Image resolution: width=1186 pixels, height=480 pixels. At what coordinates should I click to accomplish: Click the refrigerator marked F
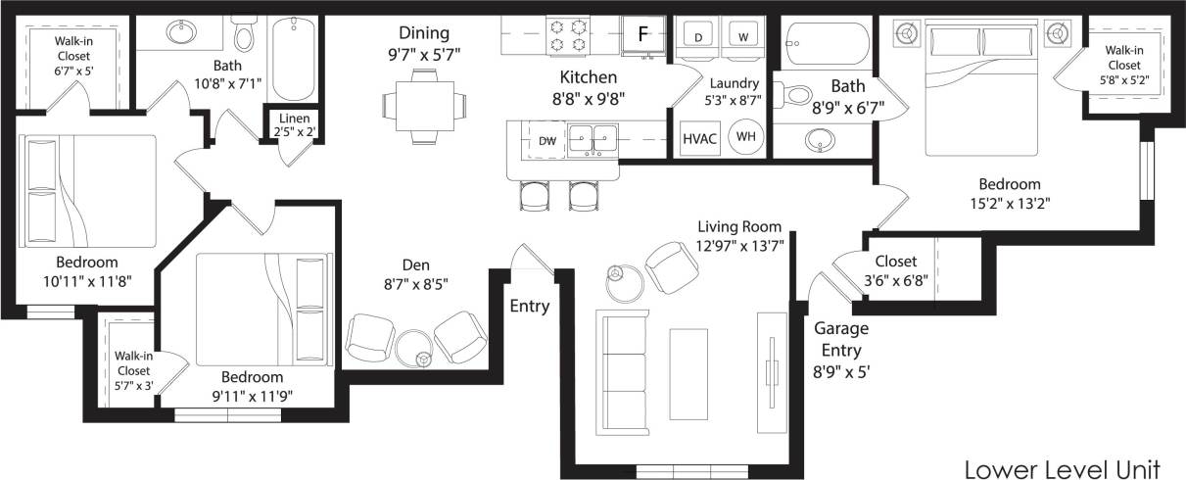642,34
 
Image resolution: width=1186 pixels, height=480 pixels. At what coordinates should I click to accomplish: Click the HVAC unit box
699,138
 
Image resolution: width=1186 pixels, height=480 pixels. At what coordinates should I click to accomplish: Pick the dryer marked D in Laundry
699,37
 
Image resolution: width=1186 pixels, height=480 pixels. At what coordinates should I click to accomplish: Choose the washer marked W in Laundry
743,37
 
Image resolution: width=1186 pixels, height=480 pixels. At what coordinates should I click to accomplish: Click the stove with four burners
570,34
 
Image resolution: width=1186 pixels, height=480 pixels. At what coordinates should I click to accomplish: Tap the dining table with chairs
425,104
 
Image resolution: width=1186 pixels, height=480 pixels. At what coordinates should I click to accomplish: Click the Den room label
416,265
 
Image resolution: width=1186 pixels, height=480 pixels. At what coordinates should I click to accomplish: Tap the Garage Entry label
841,338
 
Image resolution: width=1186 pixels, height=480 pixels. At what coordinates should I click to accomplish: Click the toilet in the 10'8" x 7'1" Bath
243,36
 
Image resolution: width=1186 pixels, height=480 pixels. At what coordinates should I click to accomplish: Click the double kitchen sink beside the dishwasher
593,139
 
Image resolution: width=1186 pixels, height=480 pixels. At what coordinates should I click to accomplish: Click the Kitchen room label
588,76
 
